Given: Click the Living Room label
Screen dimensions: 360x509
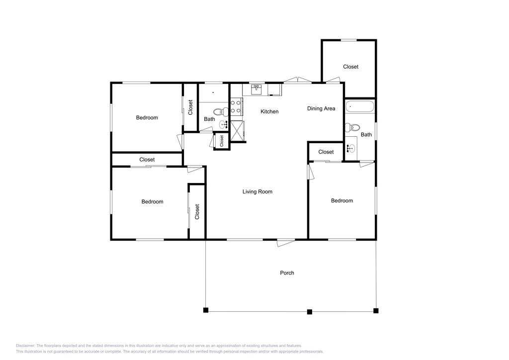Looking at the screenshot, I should coord(257,191).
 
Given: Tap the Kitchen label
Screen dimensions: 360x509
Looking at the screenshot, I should coord(269,111).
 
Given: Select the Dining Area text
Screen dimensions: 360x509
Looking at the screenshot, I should coord(321,108).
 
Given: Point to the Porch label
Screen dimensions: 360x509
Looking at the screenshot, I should coord(287,272).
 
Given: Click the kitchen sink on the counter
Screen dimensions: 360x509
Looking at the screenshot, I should coord(256,90).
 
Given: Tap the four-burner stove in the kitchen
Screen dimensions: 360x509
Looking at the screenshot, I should coord(236,106).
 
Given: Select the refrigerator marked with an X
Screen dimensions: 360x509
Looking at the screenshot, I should coord(238,131).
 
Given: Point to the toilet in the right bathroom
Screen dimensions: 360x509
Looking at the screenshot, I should coord(351,128).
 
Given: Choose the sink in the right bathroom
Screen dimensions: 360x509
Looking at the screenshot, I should coord(351,148).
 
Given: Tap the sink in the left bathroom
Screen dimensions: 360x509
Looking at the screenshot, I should coord(223,124).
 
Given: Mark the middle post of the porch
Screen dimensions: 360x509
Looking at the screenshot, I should coord(309,312).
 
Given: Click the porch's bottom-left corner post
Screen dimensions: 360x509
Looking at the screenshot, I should coord(205,311).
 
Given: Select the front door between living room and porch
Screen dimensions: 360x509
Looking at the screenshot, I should coord(285,243).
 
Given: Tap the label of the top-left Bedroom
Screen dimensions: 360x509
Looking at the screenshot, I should coord(147,118).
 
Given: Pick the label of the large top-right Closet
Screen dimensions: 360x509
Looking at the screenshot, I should coord(350,67).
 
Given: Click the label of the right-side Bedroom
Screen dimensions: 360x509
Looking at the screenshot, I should coord(342,200).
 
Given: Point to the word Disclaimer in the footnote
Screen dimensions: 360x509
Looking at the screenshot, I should coord(25,346).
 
